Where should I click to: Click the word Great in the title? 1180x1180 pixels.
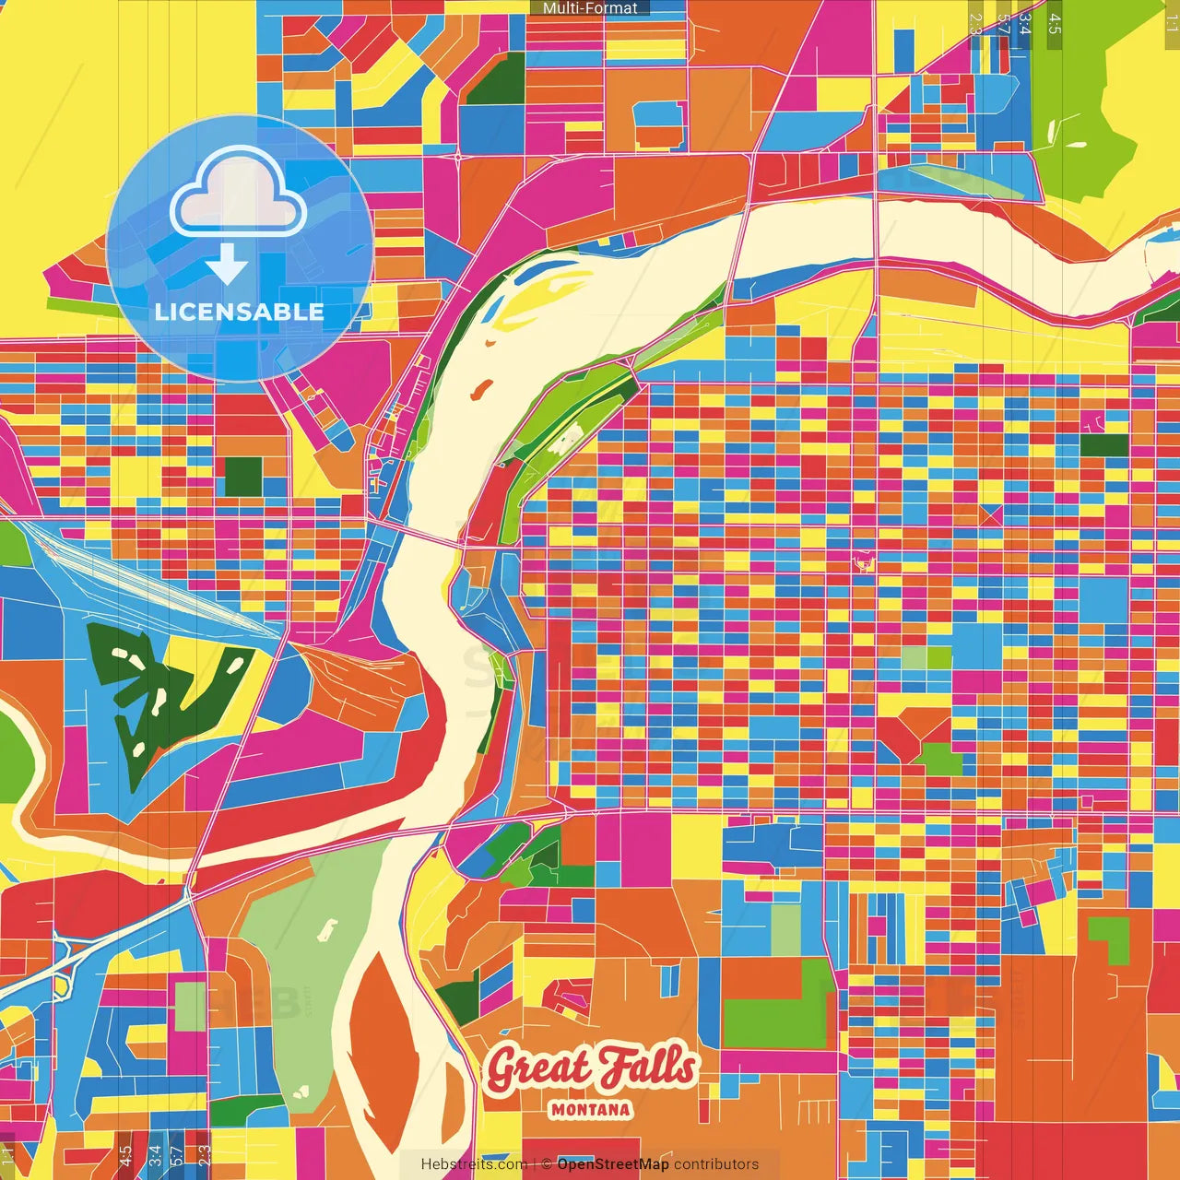click(537, 1069)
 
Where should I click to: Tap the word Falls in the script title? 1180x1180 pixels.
click(645, 1067)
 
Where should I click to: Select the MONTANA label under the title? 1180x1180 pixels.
click(591, 1110)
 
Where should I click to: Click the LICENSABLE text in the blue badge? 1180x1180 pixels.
click(240, 312)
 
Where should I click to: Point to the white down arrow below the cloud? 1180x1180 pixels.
click(227, 265)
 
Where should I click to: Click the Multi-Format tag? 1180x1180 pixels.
click(590, 8)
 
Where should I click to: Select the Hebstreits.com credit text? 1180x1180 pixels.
click(474, 1164)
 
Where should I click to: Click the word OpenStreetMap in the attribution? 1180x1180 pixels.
click(613, 1164)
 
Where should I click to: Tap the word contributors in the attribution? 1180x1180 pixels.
click(716, 1164)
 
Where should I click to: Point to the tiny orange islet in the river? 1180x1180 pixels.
click(478, 391)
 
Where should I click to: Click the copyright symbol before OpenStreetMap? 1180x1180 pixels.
click(547, 1164)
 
